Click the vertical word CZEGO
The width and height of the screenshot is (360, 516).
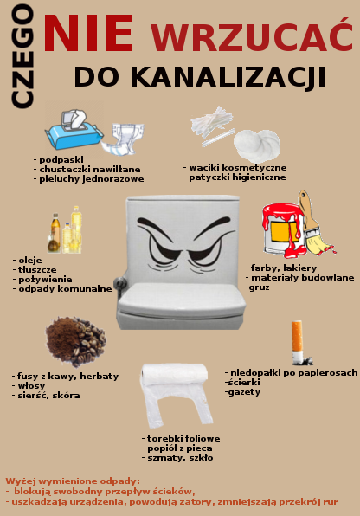22,56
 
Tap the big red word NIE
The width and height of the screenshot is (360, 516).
88,33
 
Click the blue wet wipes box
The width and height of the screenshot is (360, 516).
74,130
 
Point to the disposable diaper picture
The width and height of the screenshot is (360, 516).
122,139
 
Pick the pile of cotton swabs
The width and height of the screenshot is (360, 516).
213,126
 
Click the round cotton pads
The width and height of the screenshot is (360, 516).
257,145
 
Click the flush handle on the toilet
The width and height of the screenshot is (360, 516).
119,283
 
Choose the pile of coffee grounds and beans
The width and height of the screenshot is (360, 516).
75,341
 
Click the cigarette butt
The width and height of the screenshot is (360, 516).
299,343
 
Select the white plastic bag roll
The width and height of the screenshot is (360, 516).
176,394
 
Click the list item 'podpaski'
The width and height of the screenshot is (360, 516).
61,160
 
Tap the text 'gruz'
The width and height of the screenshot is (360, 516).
260,287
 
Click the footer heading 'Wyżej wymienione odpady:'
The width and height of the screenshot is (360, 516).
73,481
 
